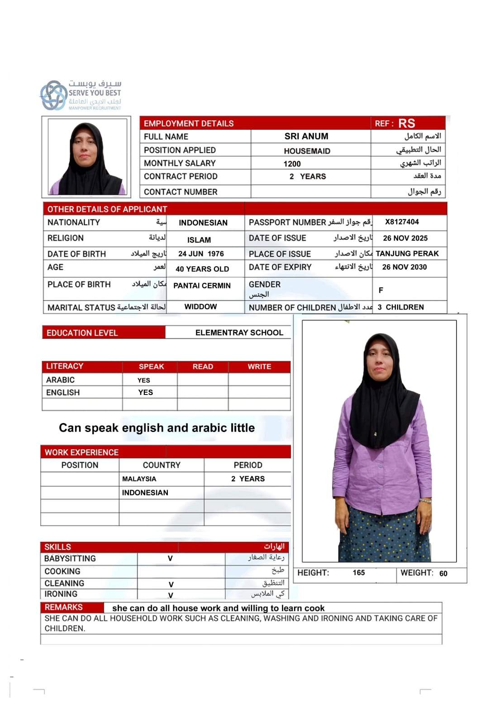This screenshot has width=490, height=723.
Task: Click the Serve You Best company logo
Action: pyautogui.click(x=81, y=95)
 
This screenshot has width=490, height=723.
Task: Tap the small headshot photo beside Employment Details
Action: pyautogui.click(x=87, y=157)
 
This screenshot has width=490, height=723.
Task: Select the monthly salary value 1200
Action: pyautogui.click(x=292, y=164)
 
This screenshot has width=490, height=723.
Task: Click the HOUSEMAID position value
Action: pyautogui.click(x=307, y=151)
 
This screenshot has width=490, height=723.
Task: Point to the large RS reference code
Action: pyautogui.click(x=406, y=123)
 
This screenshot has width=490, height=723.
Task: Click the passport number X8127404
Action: pyautogui.click(x=402, y=222)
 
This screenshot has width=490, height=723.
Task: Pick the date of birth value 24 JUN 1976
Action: pyautogui.click(x=201, y=254)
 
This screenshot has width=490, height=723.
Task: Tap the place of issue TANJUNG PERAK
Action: pyautogui.click(x=407, y=254)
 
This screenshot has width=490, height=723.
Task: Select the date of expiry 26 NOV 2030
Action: pyautogui.click(x=404, y=267)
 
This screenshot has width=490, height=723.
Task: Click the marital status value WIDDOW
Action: pyautogui.click(x=200, y=307)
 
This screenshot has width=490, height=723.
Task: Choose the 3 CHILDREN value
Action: pyautogui.click(x=400, y=307)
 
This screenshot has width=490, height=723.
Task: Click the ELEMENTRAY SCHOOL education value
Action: pyautogui.click(x=239, y=333)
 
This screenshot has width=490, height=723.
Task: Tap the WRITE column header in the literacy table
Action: pyautogui.click(x=259, y=366)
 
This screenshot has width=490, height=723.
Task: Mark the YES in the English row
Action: pyautogui.click(x=145, y=392)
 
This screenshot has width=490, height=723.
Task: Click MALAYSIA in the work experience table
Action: pyautogui.click(x=139, y=479)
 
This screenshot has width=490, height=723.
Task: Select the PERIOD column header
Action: pyautogui.click(x=247, y=465)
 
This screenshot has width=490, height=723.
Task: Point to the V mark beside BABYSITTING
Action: pyautogui.click(x=170, y=559)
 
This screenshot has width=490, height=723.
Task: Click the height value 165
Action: pyautogui.click(x=358, y=573)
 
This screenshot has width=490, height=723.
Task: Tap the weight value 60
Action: pyautogui.click(x=443, y=573)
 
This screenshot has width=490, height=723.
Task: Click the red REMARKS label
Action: pyautogui.click(x=63, y=607)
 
